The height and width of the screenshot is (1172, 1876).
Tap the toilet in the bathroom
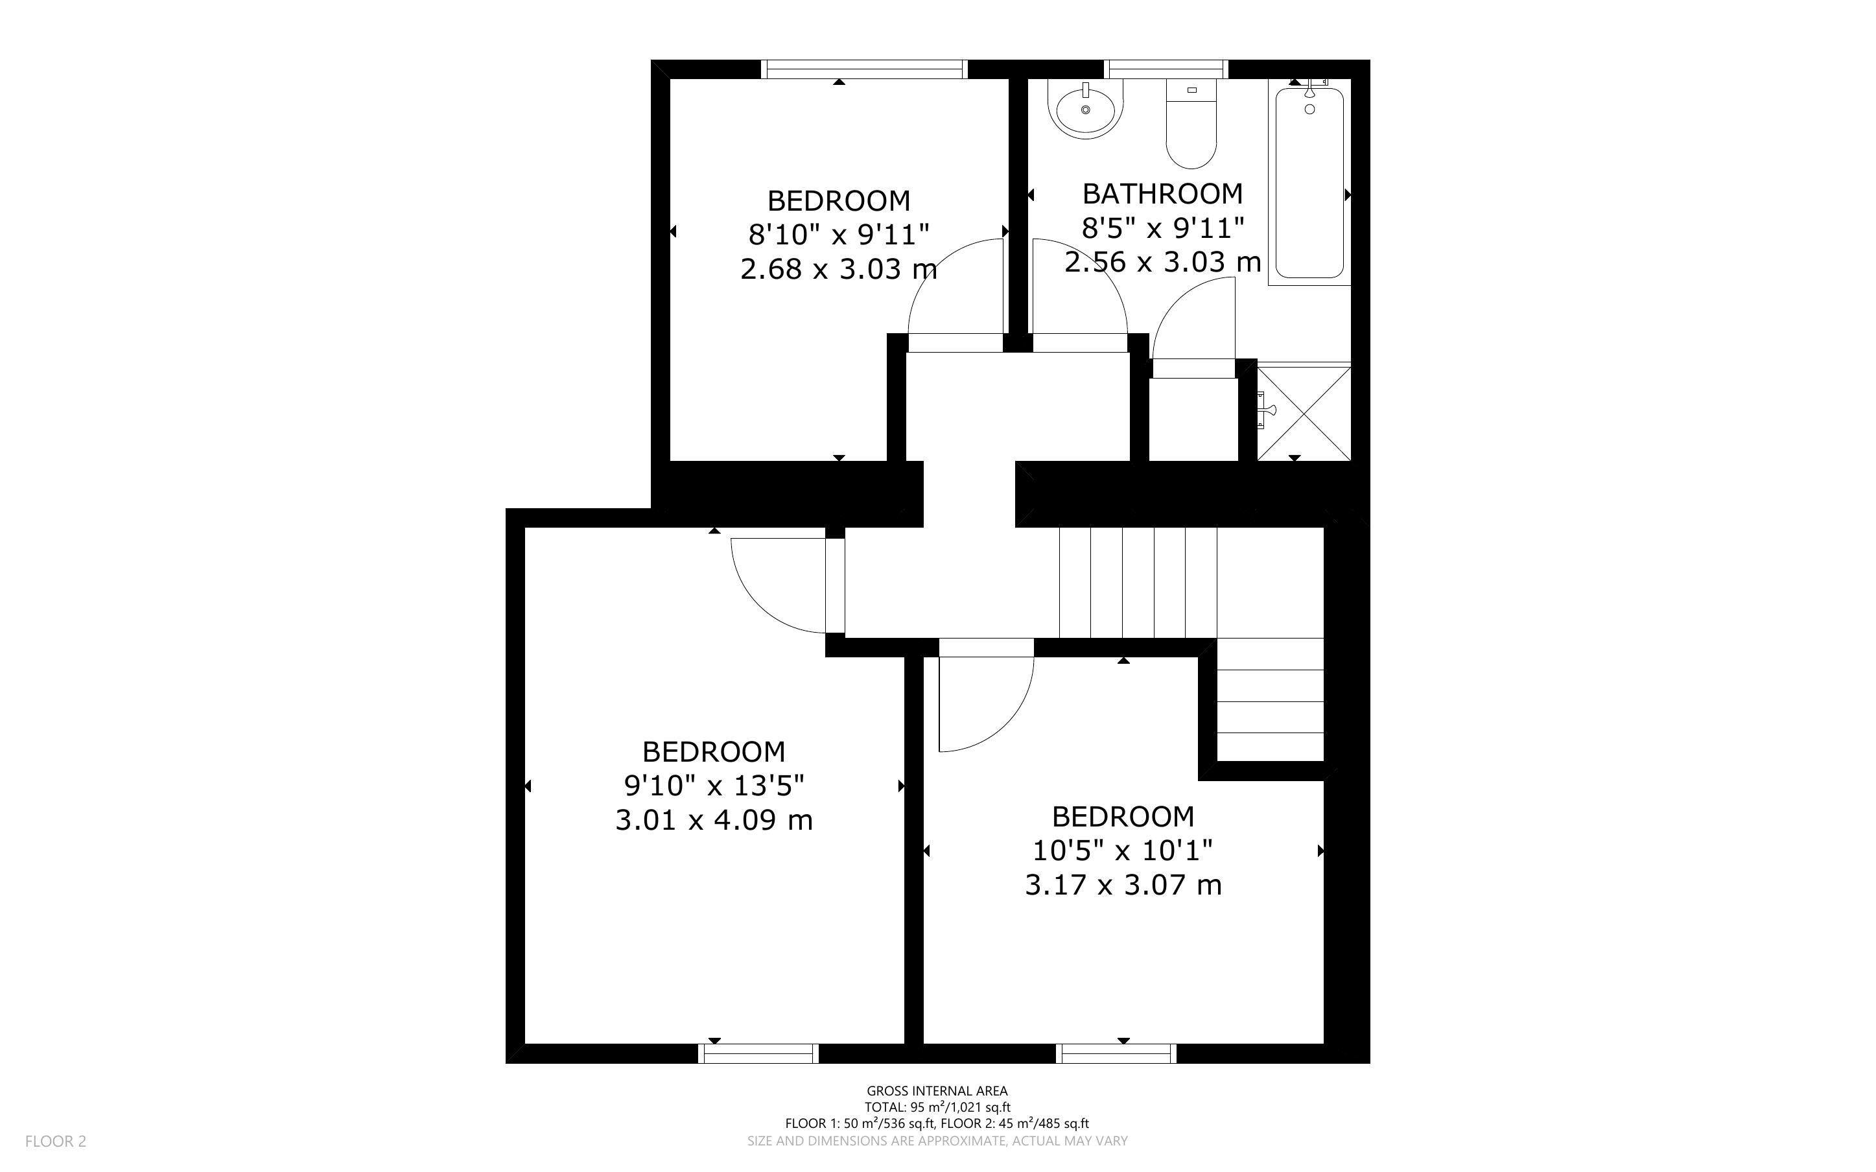click(1191, 124)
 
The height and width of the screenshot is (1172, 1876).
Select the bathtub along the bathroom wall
click(1309, 183)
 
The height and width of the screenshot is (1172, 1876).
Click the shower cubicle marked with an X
click(1304, 413)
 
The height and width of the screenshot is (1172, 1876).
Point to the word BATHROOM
click(1162, 193)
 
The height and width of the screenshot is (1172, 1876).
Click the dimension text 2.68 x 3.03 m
click(838, 269)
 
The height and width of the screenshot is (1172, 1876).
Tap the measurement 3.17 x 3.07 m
click(1123, 884)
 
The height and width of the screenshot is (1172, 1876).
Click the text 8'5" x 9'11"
click(1162, 228)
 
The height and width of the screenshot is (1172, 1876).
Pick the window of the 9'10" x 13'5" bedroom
click(758, 1053)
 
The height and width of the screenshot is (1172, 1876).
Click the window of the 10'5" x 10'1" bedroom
click(1116, 1053)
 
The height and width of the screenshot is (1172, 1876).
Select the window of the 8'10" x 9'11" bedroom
click(864, 69)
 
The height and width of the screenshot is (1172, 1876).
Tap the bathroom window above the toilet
click(1166, 69)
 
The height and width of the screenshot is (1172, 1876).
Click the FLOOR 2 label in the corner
click(56, 1142)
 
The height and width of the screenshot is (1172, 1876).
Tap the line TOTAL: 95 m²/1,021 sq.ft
click(937, 1108)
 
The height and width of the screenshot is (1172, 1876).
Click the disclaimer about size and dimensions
click(937, 1141)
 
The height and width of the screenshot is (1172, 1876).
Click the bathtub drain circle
click(1309, 110)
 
